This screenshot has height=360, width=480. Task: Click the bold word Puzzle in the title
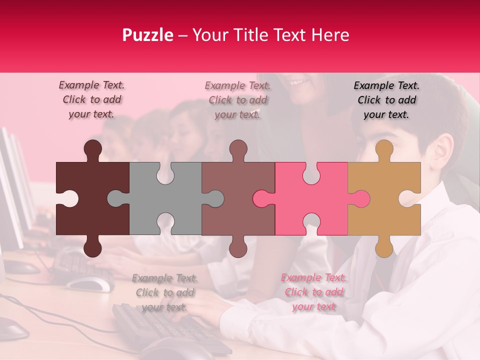pyautogui.click(x=148, y=35)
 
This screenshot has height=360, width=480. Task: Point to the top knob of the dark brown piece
pyautogui.click(x=92, y=149)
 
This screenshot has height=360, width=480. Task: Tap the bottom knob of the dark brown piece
pyautogui.click(x=92, y=247)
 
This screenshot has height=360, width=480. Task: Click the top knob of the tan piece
pyautogui.click(x=384, y=149)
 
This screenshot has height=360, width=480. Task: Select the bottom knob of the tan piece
pyautogui.click(x=384, y=247)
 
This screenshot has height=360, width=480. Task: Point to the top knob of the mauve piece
pyautogui.click(x=238, y=149)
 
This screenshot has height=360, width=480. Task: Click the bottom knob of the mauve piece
pyautogui.click(x=238, y=247)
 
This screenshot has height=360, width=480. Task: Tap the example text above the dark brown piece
pyautogui.click(x=91, y=99)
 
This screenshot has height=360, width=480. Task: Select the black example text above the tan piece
pyautogui.click(x=386, y=100)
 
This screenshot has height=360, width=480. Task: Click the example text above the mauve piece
pyautogui.click(x=237, y=100)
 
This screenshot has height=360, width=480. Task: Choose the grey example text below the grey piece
pyautogui.click(x=164, y=292)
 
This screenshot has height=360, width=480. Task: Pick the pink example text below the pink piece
pyautogui.click(x=313, y=292)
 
